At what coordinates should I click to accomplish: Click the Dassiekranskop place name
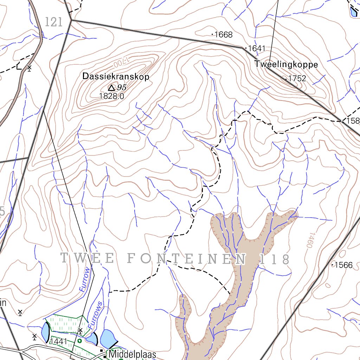click(x=116, y=76)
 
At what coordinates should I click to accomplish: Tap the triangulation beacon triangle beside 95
click(x=111, y=88)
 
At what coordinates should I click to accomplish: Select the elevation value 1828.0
click(x=112, y=96)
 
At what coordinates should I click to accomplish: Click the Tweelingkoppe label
click(x=286, y=65)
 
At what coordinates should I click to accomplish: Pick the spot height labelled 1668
click(x=224, y=34)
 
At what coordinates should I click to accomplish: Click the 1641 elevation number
click(x=257, y=48)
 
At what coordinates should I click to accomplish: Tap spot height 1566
click(x=343, y=265)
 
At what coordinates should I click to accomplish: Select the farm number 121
click(x=54, y=22)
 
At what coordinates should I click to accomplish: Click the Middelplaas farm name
click(x=132, y=354)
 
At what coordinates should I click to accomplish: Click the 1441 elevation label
click(x=59, y=342)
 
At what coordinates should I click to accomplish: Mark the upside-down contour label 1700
click(x=120, y=64)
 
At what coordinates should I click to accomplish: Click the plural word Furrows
click(x=96, y=315)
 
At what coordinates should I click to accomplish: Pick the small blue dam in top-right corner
click(x=353, y=12)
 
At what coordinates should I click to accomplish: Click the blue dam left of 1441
click(x=45, y=332)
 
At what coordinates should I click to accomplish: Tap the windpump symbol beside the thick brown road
click(x=29, y=67)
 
